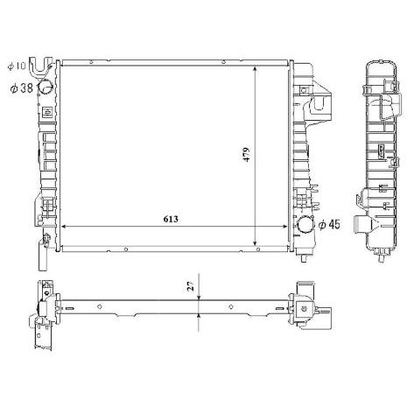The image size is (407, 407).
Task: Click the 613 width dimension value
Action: [x=171, y=219]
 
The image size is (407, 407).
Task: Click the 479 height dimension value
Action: [x=247, y=154]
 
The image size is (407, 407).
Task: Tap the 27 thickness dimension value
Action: [x=191, y=286]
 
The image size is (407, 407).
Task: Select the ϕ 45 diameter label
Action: [x=329, y=224]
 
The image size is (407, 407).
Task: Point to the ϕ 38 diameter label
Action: [x=22, y=88]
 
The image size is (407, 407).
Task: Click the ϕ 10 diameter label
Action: [x=18, y=66]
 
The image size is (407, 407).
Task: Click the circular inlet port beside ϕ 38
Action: [x=46, y=87]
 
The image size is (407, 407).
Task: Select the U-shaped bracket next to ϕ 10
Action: [x=40, y=67]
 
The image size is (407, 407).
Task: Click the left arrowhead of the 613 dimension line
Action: [x=62, y=227]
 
